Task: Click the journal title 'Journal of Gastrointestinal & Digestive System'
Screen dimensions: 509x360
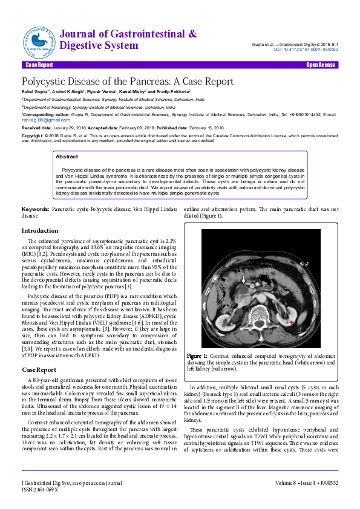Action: click(128, 39)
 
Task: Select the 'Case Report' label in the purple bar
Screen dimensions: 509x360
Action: click(39, 65)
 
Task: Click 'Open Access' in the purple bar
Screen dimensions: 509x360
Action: click(320, 65)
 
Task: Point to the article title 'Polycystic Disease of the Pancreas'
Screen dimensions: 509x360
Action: click(127, 81)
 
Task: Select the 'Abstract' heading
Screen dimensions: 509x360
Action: click(67, 157)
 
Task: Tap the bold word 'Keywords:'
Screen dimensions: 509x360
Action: click(35, 209)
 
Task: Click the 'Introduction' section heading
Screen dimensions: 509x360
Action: click(40, 231)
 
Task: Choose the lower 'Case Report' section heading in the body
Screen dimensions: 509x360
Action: click(39, 369)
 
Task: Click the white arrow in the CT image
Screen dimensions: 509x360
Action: click(244, 279)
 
